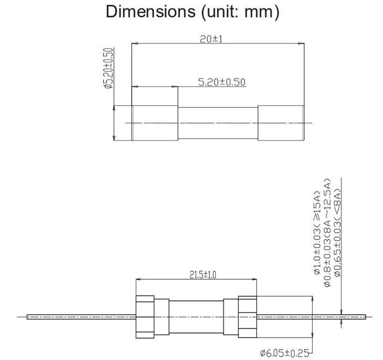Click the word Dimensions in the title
150,11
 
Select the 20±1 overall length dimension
211,39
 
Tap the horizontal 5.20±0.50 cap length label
221,82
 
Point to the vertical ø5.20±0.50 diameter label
108,68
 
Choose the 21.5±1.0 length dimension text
203,275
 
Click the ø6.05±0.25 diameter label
285,353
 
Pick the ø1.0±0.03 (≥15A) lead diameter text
317,233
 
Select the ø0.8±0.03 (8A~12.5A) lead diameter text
327,233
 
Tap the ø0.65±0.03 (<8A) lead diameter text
337,232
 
